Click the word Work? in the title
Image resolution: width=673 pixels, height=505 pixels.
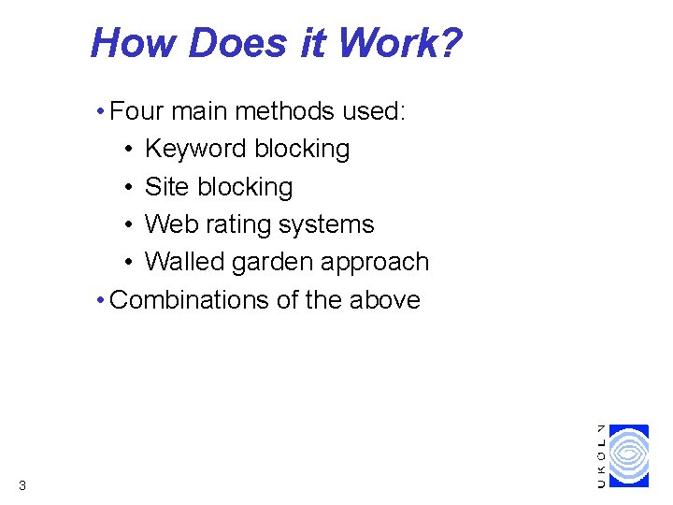399,43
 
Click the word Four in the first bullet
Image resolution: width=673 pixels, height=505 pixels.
136,111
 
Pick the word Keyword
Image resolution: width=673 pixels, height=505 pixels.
196,150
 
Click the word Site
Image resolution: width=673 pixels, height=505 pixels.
166,187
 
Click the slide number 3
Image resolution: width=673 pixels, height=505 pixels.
21,484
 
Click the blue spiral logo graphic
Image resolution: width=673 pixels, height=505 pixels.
628,455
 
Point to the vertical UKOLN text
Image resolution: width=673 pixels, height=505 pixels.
600,455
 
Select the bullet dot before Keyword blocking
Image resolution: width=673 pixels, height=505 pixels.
126,150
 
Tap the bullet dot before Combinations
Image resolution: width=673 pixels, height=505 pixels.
100,300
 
